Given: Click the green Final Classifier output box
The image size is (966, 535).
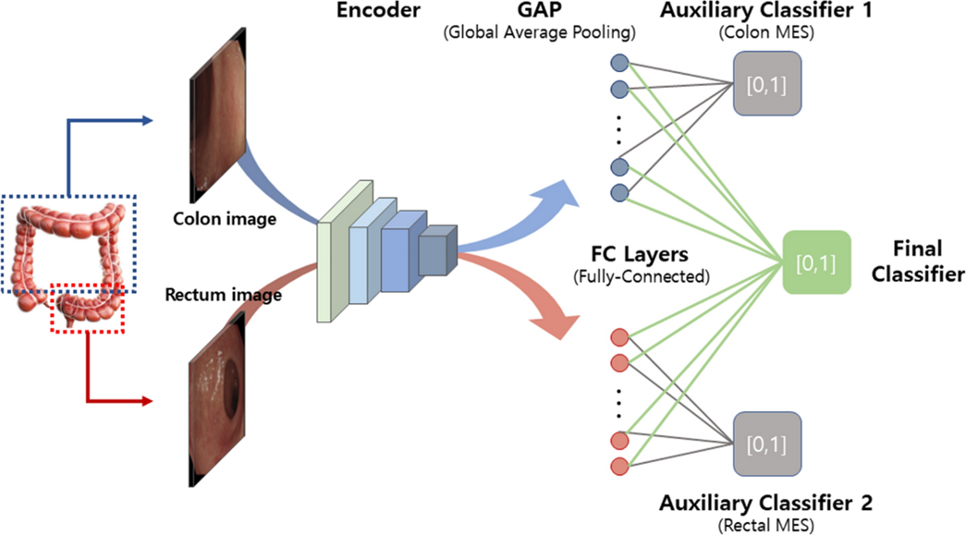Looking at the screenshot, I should [x=815, y=262].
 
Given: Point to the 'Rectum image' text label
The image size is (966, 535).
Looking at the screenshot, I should [x=222, y=296].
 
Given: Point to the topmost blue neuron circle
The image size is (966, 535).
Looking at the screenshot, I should [x=619, y=64].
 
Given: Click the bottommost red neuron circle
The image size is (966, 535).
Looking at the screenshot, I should [x=619, y=465].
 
